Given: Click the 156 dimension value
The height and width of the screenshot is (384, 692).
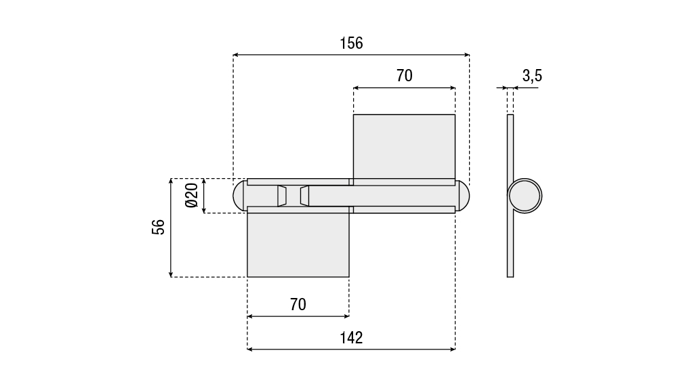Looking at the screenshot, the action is point(351,43).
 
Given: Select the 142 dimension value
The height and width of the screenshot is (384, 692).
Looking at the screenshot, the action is point(351,338).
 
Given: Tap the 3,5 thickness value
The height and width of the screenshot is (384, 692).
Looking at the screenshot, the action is point(532,76).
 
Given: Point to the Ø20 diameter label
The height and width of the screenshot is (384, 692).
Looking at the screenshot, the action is point(192,196).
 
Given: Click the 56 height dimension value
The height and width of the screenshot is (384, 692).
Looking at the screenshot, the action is point(159,227).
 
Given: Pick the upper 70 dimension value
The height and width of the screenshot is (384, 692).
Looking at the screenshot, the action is point(404,76).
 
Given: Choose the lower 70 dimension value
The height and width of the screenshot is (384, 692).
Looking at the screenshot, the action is point(298,304).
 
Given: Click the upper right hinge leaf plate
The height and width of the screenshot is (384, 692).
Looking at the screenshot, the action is point(404,146).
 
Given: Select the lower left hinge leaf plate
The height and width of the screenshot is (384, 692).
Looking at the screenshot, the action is point(298,244).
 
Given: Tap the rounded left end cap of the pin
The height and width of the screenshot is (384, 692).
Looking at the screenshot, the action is point(239,196).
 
